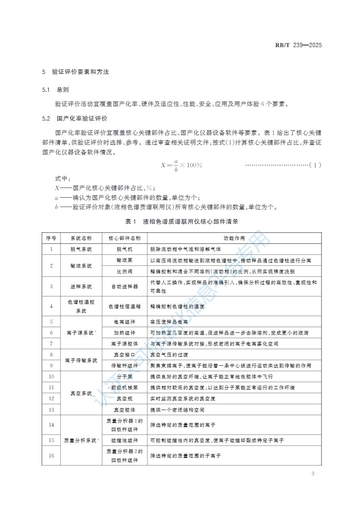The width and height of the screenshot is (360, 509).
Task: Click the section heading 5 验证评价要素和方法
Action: (75, 72)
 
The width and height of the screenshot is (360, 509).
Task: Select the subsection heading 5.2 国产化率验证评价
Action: (75, 119)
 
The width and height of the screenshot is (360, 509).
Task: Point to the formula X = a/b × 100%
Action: (181, 165)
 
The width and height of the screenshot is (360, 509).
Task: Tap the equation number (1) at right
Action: (315, 165)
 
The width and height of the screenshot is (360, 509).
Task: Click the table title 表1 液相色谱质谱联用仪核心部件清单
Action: (181, 222)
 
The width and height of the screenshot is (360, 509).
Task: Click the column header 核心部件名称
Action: (125, 238)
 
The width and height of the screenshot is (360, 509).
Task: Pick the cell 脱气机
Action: (125, 249)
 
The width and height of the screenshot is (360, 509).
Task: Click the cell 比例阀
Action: (125, 271)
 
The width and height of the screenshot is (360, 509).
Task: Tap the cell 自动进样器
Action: (125, 286)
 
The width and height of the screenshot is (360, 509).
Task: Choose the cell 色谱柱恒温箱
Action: (125, 306)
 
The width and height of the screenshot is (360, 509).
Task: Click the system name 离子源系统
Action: (81, 333)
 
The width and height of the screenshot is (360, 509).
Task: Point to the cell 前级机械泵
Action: (125, 388)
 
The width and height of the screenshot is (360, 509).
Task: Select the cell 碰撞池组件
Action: (125, 440)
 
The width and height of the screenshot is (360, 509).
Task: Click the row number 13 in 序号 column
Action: (51, 410)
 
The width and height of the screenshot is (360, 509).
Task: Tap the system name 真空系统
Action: (81, 393)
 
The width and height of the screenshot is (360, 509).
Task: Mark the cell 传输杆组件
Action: (125, 366)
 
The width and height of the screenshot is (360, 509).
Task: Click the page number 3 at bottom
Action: (313, 474)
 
